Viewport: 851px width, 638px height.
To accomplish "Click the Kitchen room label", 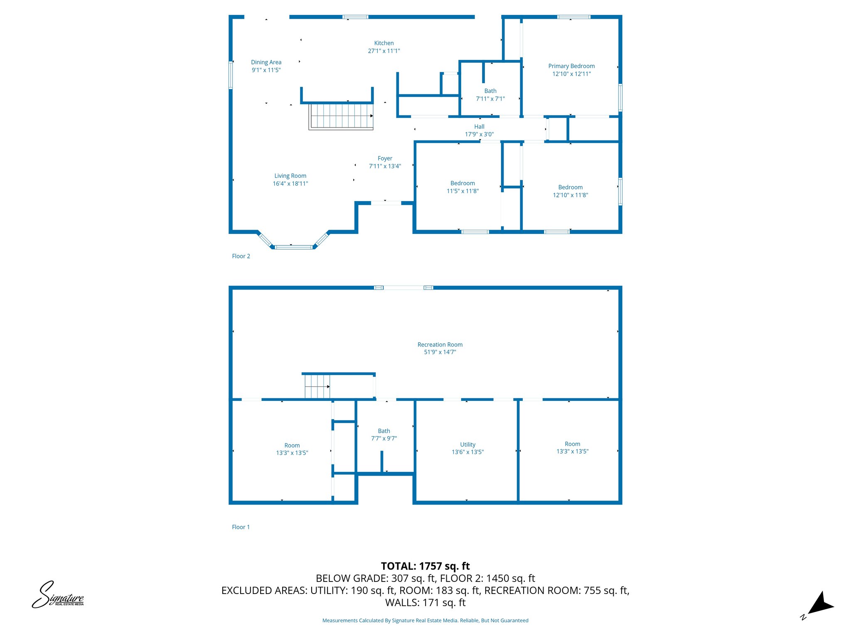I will click(384, 43).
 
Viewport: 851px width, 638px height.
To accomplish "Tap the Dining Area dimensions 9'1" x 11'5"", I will click(266, 70).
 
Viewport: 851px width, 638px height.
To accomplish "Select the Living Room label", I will click(290, 176).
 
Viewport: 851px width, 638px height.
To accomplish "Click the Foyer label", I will click(385, 158).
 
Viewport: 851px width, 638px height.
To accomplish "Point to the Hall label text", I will click(479, 127).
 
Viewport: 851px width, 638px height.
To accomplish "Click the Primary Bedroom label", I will click(571, 66).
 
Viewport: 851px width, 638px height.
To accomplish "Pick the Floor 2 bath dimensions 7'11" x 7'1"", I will click(490, 99).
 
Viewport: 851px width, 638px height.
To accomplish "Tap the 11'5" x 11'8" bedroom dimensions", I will click(462, 191).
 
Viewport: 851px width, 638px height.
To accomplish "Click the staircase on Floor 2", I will click(341, 116).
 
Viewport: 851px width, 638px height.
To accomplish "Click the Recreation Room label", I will click(440, 345).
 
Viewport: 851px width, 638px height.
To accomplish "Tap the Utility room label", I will click(467, 444).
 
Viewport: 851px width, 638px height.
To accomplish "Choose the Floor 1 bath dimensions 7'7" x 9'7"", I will click(384, 439).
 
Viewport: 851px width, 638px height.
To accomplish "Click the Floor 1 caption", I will click(241, 527).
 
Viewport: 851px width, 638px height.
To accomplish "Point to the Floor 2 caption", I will click(241, 256).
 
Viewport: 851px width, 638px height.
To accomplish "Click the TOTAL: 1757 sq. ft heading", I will click(425, 566).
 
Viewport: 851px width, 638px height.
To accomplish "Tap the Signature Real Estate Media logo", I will click(58, 595).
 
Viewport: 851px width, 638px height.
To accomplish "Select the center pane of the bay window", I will click(293, 247).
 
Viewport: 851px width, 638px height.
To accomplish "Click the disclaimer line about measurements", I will click(425, 621).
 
